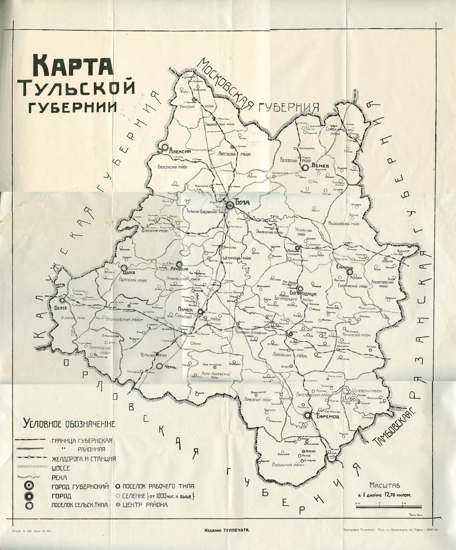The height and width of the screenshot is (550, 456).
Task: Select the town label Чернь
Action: click(170, 367)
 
